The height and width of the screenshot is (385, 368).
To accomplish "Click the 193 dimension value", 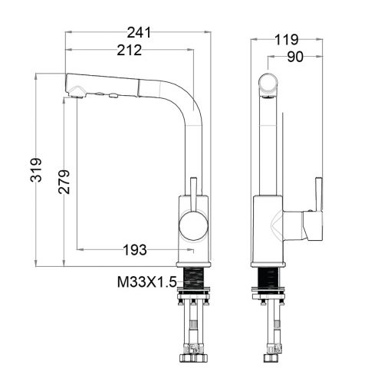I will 136,251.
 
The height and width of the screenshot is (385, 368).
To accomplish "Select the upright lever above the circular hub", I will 192,196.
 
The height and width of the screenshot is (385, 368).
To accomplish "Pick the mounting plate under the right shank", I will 269,295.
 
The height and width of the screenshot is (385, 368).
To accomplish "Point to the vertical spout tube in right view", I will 268,146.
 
